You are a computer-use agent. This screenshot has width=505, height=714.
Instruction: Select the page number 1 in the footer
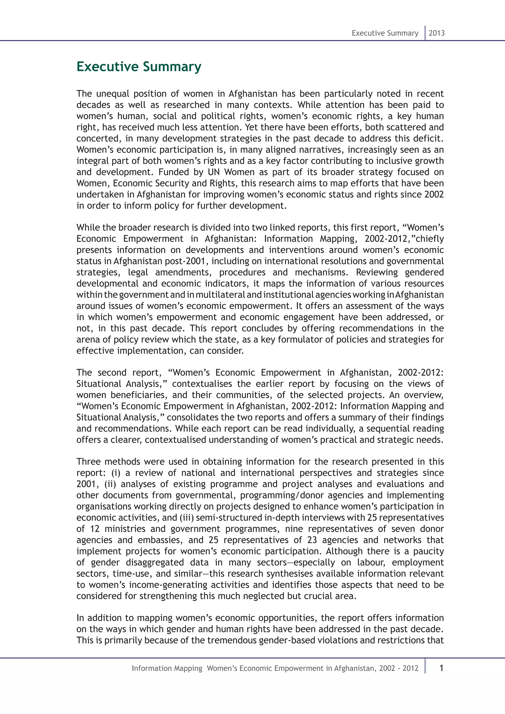[441, 668]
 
